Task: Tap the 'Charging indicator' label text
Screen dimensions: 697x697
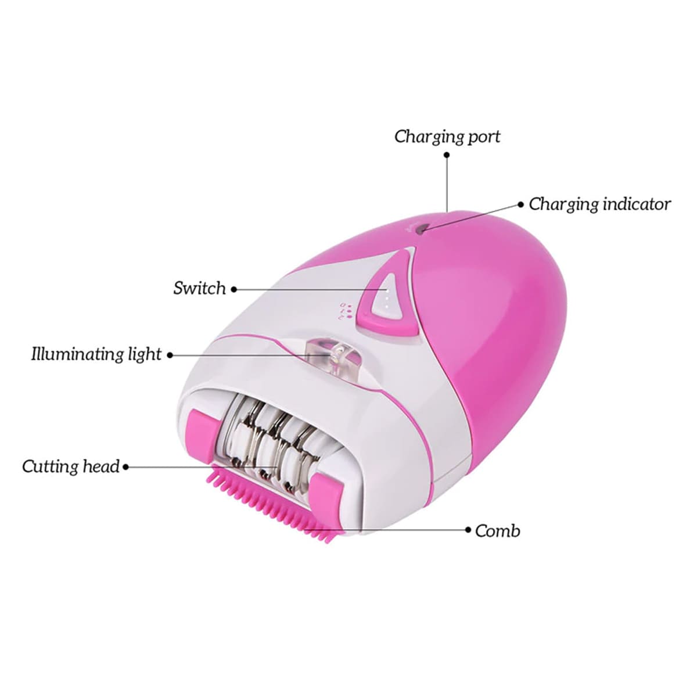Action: [x=599, y=204]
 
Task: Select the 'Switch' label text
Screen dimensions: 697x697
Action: [x=199, y=288]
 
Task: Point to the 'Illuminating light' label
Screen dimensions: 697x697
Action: [x=96, y=354]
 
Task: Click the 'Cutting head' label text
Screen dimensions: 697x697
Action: [x=71, y=466]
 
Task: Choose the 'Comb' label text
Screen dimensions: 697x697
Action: [x=498, y=531]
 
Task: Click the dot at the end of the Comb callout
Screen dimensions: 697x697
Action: [x=468, y=530]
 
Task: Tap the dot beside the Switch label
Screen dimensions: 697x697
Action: [x=234, y=289]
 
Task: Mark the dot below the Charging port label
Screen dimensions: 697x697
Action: [x=447, y=155]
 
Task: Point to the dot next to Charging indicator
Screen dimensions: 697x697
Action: [x=521, y=204]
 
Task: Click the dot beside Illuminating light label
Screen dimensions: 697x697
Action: [x=170, y=355]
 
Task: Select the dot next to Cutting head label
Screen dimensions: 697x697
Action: [x=126, y=467]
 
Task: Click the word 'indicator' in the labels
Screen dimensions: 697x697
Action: [x=637, y=204]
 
